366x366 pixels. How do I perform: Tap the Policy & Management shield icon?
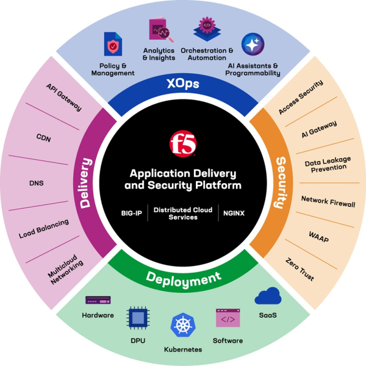(113, 45)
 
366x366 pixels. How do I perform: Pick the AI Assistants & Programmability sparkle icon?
(253, 45)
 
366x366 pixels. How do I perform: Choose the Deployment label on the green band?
(183, 279)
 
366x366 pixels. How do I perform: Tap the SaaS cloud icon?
(267, 297)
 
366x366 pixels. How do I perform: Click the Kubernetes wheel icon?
(182, 325)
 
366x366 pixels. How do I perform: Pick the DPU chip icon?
(138, 318)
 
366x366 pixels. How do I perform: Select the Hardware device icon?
(98, 300)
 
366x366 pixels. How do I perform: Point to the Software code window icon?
(228, 318)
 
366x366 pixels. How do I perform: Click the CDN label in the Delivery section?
(43, 138)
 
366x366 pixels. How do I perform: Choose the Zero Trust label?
(300, 269)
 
